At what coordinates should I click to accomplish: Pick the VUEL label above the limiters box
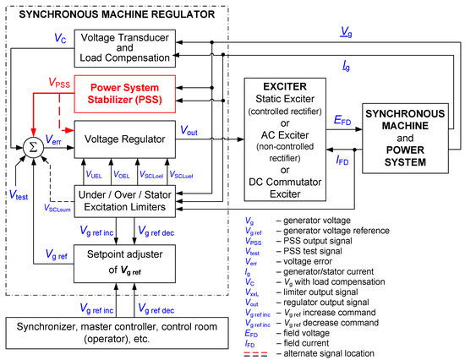(95, 174)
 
